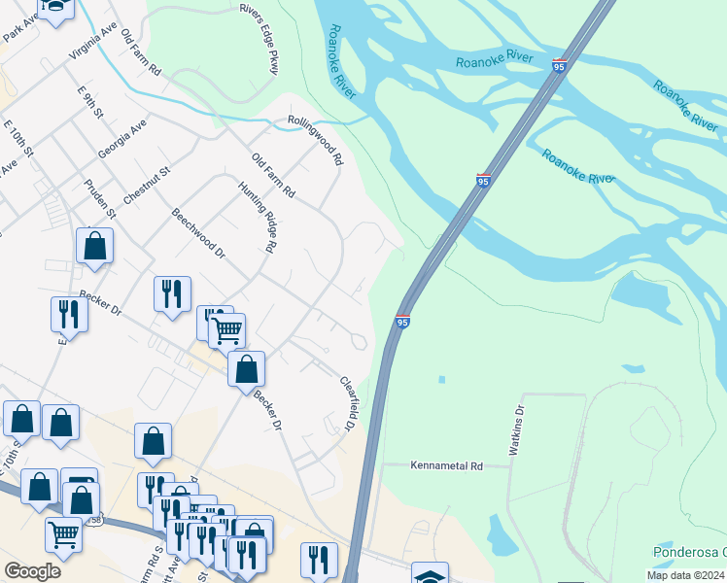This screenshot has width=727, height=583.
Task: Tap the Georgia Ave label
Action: (122, 140)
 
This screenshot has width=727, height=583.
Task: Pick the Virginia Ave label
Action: (93, 43)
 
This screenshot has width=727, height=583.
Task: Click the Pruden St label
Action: (99, 199)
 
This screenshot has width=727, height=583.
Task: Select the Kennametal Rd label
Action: (446, 466)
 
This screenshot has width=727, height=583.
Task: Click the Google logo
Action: (32, 570)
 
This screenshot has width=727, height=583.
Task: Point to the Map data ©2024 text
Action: (684, 575)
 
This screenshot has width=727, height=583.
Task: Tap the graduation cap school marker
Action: (430, 574)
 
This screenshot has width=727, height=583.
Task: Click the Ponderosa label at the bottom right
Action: (688, 552)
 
